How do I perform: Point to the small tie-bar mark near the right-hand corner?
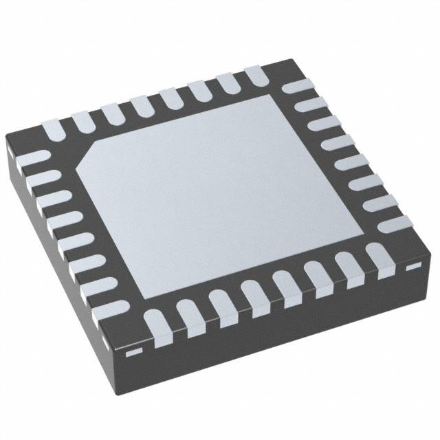[413, 265]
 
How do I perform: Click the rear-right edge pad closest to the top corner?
[296, 87]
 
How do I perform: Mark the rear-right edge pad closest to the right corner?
[397, 223]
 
